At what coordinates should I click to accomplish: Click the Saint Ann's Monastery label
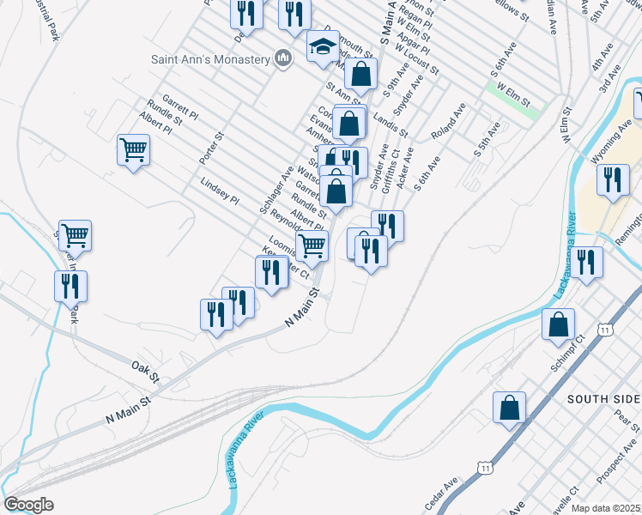click(x=210, y=59)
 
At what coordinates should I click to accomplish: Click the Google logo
click(x=28, y=505)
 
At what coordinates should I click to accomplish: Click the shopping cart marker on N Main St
click(x=312, y=245)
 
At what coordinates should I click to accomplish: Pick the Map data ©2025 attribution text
click(x=605, y=508)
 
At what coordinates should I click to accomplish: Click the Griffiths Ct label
click(x=389, y=173)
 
